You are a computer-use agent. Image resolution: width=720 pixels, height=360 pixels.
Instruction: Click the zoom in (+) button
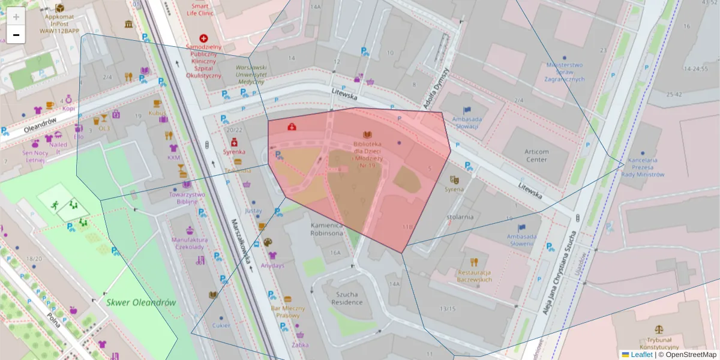pyautogui.click(x=16, y=17)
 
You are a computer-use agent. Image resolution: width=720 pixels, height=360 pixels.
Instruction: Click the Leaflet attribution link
pyautogui.click(x=641, y=355)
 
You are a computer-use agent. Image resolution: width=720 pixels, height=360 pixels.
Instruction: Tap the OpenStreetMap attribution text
pyautogui.click(x=691, y=355)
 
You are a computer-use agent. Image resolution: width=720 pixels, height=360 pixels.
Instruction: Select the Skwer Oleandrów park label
pyautogui.click(x=141, y=302)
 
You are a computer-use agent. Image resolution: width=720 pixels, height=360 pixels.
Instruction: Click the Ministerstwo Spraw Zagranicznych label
pyautogui.click(x=565, y=71)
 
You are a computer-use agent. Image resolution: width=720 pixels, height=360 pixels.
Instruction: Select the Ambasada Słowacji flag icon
pyautogui.click(x=467, y=110)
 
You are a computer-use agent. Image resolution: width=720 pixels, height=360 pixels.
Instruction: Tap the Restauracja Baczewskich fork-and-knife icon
pyautogui.click(x=474, y=262)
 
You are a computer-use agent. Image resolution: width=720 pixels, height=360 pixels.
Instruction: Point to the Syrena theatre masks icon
pyautogui.click(x=455, y=179)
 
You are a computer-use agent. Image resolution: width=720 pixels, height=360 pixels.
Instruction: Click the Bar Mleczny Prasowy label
pyautogui.click(x=289, y=311)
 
